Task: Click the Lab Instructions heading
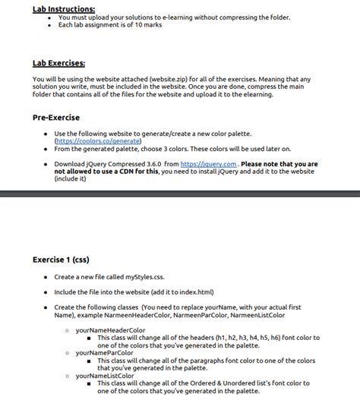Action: tap(64, 8)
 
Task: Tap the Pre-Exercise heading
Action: tap(55, 118)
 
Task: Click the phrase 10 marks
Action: tap(146, 24)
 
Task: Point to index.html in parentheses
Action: tap(193, 291)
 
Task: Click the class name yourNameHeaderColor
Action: tap(110, 330)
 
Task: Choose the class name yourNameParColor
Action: tap(105, 353)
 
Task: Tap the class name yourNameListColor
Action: tap(105, 376)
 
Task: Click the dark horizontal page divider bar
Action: tap(180, 194)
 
